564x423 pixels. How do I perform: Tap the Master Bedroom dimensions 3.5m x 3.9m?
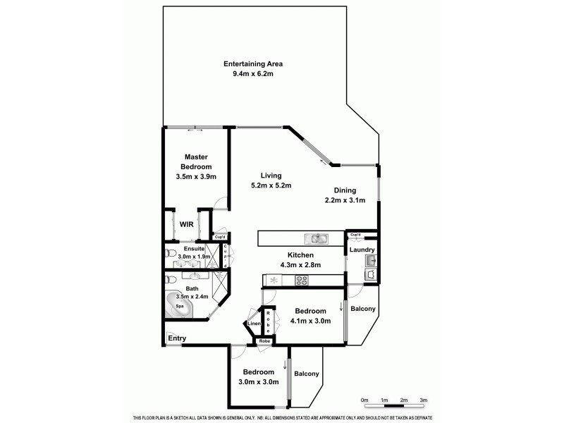[x=195, y=176]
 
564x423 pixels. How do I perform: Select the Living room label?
[x=271, y=176]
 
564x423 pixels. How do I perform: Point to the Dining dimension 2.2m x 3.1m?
[x=345, y=200]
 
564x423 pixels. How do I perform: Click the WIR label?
[x=186, y=224]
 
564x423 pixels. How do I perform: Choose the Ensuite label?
[x=194, y=249]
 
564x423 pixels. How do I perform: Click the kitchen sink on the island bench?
[x=315, y=238]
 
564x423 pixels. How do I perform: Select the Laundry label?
[x=362, y=250]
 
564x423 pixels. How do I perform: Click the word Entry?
[x=177, y=339]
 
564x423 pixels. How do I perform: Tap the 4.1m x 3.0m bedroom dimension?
[x=310, y=321]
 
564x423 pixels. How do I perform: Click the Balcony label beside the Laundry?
[x=362, y=309]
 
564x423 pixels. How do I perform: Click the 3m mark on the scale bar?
[x=424, y=400]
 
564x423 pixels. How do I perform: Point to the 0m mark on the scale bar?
[x=364, y=400]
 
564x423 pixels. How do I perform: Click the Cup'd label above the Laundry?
[x=355, y=234]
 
